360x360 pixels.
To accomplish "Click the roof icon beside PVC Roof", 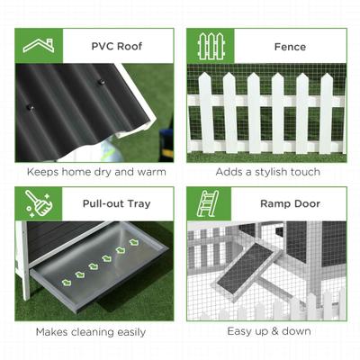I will (38, 45).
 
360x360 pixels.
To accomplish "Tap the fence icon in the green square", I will (211, 45).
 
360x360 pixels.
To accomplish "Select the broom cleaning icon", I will (38, 203).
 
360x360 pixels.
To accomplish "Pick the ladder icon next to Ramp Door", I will (211, 203).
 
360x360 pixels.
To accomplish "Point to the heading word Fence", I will (291, 46).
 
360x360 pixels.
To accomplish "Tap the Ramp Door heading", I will (290, 204).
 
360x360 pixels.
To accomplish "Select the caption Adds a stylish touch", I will (269, 172).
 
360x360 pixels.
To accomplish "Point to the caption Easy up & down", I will (269, 331).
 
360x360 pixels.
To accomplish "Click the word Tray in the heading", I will (138, 204).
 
